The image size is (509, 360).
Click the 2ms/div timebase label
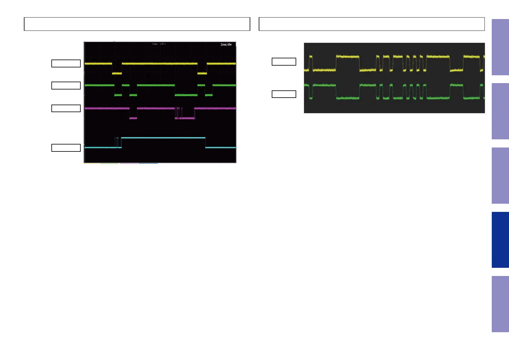226,44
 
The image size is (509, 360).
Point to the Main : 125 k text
159,44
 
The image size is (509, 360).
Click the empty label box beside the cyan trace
66,148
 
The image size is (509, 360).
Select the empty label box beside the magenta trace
66,108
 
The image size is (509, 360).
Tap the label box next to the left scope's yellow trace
66,63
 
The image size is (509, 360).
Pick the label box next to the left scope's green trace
66,86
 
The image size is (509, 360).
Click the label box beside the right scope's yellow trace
284,62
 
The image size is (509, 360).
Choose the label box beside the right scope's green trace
284,94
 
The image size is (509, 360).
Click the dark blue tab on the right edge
500,240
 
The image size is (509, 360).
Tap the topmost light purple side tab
500,47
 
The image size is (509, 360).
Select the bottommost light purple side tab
500,304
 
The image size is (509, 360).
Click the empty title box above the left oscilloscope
137,24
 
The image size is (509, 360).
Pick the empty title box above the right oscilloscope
371,24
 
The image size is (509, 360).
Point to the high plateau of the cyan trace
163,138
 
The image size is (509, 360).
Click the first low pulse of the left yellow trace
117,73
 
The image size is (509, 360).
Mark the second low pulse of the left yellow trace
202,73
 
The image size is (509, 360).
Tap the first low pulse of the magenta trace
133,118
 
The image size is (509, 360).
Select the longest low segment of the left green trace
186,95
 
